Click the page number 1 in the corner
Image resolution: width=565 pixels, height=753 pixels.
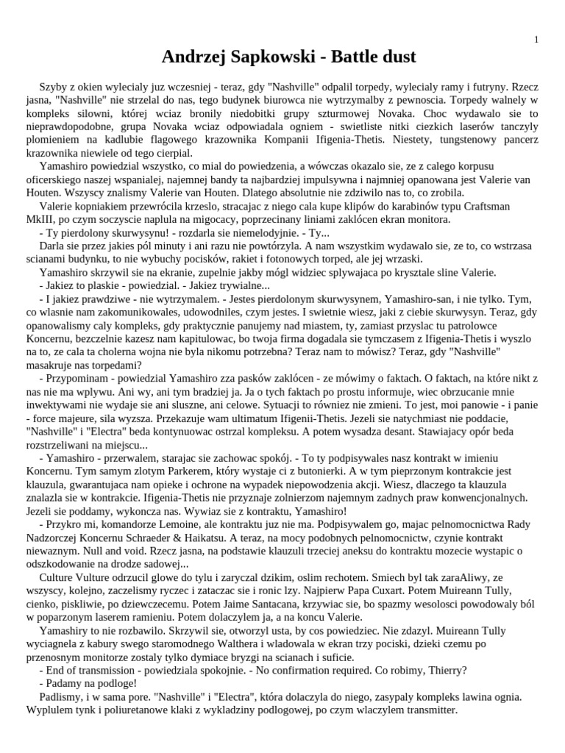[x=536, y=40]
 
